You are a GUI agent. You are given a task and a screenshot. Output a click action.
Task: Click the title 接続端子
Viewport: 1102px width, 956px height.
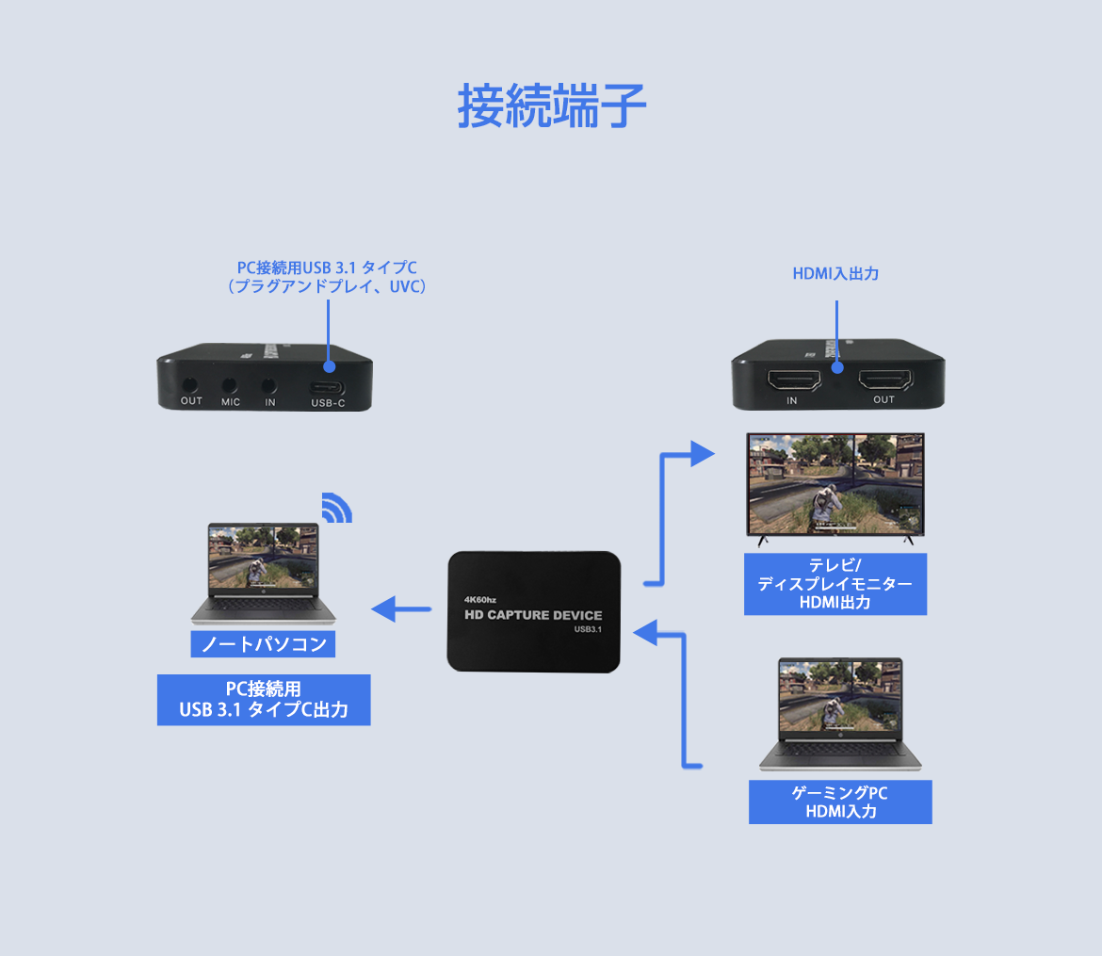click(x=552, y=105)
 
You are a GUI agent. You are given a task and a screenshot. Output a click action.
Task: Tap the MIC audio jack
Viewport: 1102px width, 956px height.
click(x=230, y=385)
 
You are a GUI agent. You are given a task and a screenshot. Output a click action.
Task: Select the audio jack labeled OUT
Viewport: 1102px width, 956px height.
click(x=191, y=385)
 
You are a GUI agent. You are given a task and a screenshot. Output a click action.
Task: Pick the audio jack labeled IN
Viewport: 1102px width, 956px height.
click(x=269, y=385)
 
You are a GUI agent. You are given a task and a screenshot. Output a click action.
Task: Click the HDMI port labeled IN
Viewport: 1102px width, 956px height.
click(x=791, y=381)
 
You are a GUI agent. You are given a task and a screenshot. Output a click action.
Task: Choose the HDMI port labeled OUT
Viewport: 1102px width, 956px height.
click(x=883, y=381)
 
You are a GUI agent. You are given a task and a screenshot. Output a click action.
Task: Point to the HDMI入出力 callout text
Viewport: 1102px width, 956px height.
click(x=835, y=274)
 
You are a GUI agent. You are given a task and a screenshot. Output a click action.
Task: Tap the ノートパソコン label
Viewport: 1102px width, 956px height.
click(x=264, y=644)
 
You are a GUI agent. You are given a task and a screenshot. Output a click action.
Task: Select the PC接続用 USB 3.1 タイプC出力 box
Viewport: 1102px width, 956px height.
click(x=264, y=699)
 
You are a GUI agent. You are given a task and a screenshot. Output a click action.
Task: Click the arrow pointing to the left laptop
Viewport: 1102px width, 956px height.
click(x=400, y=610)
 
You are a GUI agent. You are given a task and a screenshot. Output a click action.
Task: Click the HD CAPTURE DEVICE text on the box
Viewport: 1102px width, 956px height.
click(x=533, y=615)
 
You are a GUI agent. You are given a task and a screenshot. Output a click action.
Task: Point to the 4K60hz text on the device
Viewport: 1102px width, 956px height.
click(x=480, y=598)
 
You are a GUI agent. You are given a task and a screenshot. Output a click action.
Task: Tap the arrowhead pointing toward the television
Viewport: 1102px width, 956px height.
click(x=702, y=454)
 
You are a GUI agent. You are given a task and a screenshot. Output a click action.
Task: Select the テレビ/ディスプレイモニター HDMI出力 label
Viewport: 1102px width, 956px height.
click(x=835, y=584)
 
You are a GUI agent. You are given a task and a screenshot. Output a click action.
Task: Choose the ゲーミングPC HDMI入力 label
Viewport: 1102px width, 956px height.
click(x=840, y=802)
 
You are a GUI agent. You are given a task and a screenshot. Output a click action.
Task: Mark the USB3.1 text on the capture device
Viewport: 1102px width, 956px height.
click(x=588, y=630)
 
